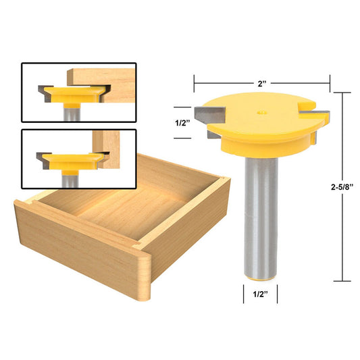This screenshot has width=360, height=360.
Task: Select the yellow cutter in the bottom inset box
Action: (71, 162)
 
